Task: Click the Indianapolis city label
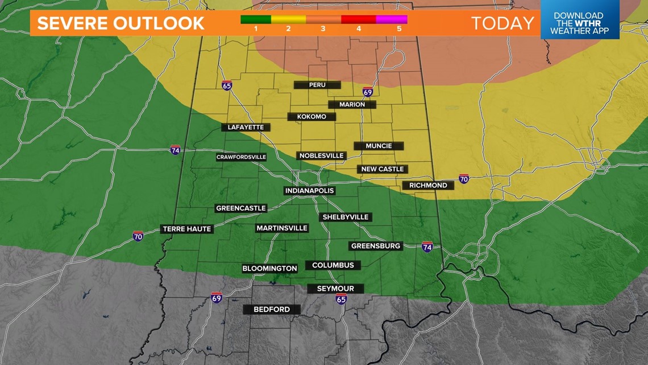pyautogui.click(x=309, y=191)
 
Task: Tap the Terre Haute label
pyautogui.click(x=187, y=229)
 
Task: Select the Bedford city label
pyautogui.click(x=271, y=310)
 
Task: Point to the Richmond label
pyautogui.click(x=428, y=185)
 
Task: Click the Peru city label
pyautogui.click(x=317, y=85)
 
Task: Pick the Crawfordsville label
pyautogui.click(x=241, y=157)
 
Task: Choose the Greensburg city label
pyautogui.click(x=376, y=246)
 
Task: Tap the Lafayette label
pyautogui.click(x=246, y=127)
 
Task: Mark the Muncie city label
pyautogui.click(x=379, y=146)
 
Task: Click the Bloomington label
pyautogui.click(x=269, y=268)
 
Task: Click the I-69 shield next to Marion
pyautogui.click(x=368, y=92)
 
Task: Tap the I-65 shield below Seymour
pyautogui.click(x=341, y=299)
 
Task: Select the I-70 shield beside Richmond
pyautogui.click(x=464, y=179)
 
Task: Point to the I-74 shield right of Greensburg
pyautogui.click(x=427, y=247)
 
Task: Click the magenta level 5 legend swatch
pyautogui.click(x=392, y=19)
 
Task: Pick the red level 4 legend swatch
pyautogui.click(x=358, y=19)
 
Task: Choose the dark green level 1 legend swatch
pyautogui.click(x=256, y=19)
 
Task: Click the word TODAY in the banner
pyautogui.click(x=502, y=23)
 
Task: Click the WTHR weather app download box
pyautogui.click(x=579, y=23)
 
